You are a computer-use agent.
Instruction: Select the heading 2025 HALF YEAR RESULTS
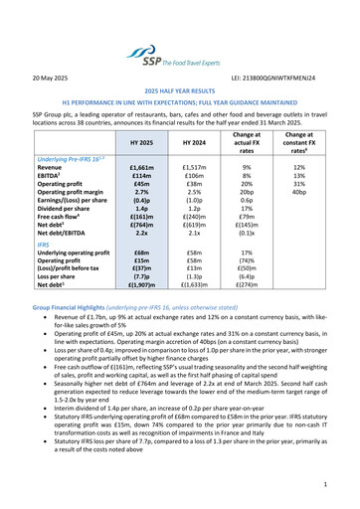point(179,90)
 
